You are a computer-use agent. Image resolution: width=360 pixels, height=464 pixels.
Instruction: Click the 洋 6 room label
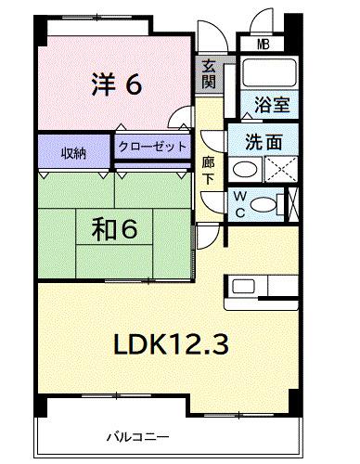coord(117,84)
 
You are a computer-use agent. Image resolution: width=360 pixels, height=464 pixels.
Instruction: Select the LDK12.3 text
coord(172,344)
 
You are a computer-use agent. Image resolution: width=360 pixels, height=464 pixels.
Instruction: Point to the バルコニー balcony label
coord(138,437)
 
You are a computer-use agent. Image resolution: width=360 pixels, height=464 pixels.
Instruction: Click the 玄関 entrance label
coord(209,75)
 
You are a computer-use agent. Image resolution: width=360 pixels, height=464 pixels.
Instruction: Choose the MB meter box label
coord(264,45)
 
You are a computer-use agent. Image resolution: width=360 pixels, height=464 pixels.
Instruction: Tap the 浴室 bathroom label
coord(272,105)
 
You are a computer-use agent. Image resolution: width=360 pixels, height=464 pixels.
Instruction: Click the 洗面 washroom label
coord(264,142)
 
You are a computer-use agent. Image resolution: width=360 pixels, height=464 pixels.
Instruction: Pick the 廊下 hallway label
coord(209,171)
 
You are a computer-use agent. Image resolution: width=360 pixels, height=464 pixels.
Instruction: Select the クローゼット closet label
coord(152,146)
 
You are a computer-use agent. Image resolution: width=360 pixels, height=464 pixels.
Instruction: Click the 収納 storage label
coord(73,153)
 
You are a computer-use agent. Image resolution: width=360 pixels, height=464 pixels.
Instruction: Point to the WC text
coord(240,204)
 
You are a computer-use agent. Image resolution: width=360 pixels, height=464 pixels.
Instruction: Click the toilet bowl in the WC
coord(263,204)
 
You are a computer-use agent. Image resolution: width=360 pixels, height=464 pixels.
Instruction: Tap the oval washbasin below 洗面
coord(245,170)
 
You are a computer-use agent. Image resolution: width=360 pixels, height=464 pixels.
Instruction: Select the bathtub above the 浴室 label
coord(269,73)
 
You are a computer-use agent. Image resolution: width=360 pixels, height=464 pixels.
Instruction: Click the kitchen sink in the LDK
coord(243,286)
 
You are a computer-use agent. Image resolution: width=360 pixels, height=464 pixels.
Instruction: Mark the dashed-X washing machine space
coord(281,169)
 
